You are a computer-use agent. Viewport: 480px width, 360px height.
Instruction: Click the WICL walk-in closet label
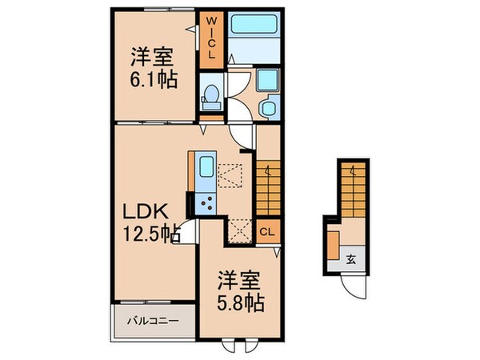[x=211, y=38]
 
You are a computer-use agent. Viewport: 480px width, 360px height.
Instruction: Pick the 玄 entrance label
[x=350, y=258]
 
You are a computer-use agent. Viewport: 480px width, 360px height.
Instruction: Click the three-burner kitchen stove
[x=207, y=202]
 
